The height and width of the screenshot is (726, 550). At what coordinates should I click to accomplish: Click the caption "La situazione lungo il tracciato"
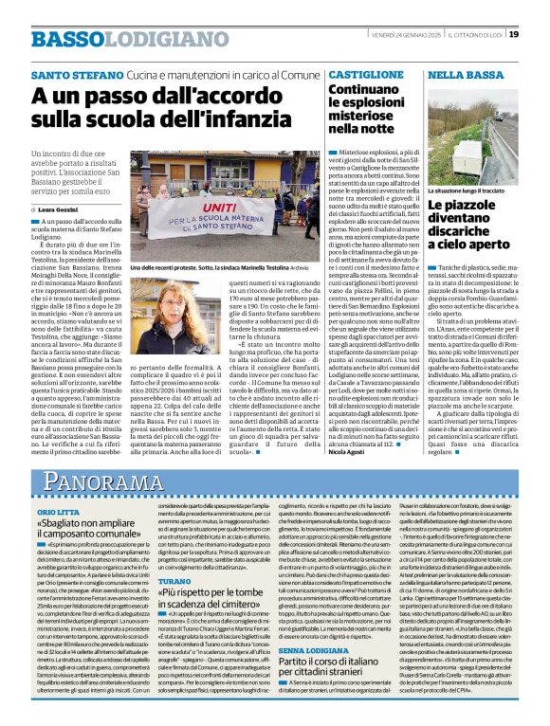point(467,191)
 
